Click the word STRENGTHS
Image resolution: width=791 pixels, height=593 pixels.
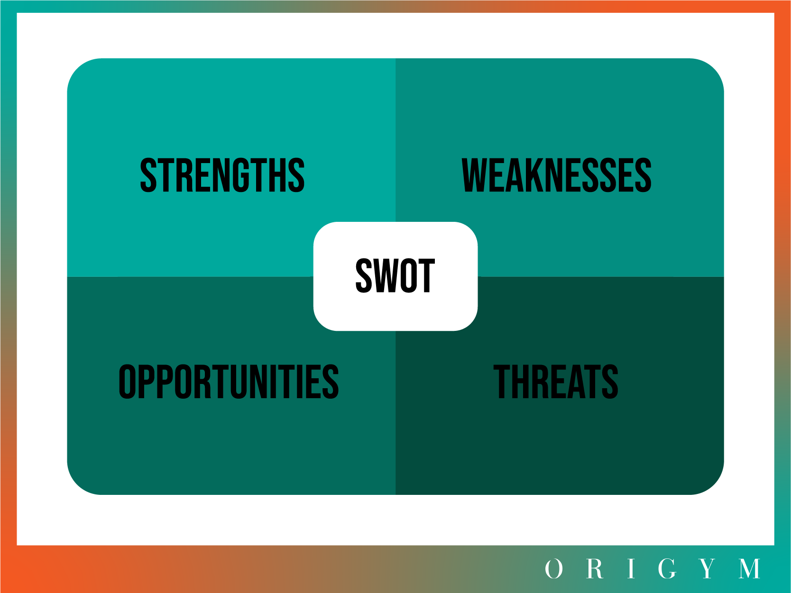(222, 175)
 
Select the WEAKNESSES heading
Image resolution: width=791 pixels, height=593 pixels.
(556, 175)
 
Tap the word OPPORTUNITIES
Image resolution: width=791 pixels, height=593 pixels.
(229, 382)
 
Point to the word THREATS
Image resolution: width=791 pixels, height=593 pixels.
(556, 382)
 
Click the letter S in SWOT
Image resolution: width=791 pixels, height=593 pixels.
(364, 275)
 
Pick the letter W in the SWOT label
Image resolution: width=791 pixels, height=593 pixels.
(386, 275)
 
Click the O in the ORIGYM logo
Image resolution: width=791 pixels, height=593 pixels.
(553, 569)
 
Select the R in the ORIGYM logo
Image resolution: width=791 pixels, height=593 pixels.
(595, 569)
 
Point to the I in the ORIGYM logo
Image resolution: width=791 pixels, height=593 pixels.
(631, 569)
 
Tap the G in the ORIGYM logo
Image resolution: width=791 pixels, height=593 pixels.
(667, 569)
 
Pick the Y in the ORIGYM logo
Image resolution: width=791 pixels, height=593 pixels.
(708, 569)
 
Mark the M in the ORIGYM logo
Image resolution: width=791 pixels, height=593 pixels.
(750, 569)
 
